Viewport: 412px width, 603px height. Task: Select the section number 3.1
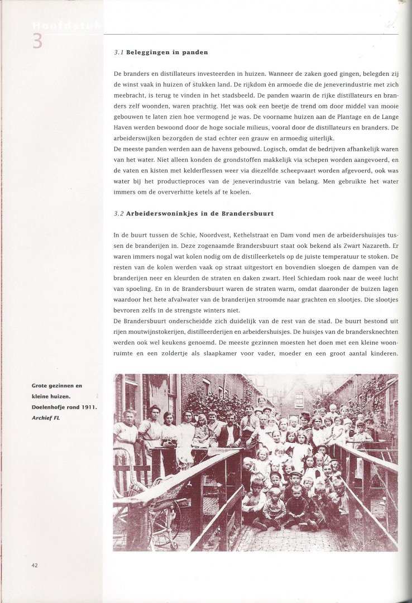(118, 53)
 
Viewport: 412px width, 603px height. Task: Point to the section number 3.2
(118, 214)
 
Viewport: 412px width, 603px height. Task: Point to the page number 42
(35, 565)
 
